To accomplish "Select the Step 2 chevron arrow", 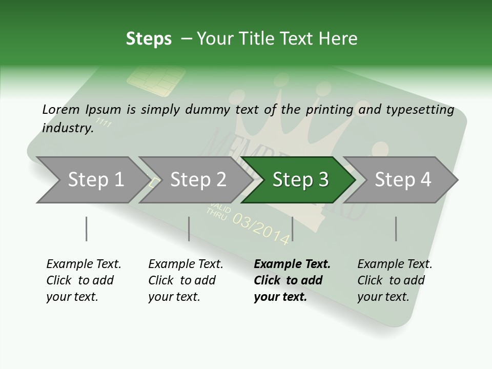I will tap(195, 180).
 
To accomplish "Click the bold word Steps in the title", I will tap(149, 39).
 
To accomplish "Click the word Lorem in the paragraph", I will tap(60, 109).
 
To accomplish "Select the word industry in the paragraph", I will tap(67, 128).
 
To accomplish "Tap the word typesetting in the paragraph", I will tap(421, 110).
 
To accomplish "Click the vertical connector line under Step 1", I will tap(86, 229).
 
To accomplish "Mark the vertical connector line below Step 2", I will tap(189, 229).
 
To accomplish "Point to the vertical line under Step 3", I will tap(292, 229).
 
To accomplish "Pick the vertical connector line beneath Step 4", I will tap(396, 229).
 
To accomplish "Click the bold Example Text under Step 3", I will tap(292, 264).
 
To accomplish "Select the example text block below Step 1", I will tap(84, 280).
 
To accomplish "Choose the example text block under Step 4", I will tap(395, 280).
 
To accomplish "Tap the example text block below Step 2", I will tap(186, 280).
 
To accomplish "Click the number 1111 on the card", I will tap(104, 123).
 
